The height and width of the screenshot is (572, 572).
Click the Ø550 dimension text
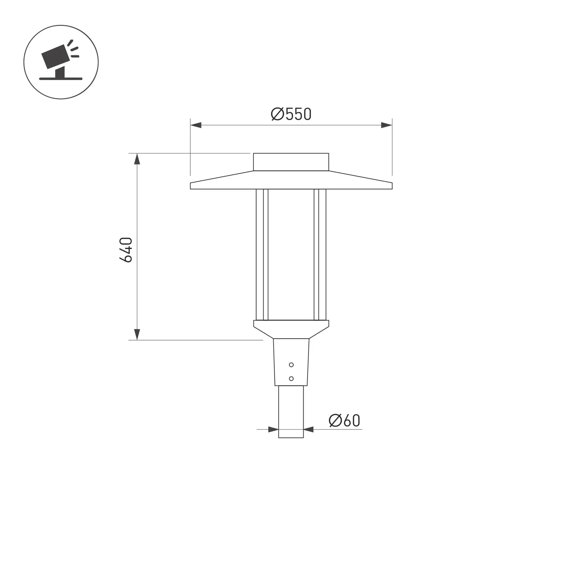coord(291,114)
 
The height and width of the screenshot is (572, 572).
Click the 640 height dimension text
coord(126,250)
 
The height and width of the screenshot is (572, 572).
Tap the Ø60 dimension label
coord(344,421)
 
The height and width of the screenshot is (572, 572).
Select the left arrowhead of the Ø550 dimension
coord(196,125)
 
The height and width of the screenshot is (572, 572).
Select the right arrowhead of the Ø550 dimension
coord(386,125)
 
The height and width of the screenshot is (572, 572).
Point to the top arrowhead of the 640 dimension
coord(137,159)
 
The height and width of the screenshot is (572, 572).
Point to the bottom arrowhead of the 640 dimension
coord(137,334)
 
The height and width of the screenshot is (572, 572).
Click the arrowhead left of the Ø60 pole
coord(273,429)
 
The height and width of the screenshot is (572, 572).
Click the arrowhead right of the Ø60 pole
coord(309,429)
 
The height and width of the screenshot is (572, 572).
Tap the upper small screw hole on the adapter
coord(291,365)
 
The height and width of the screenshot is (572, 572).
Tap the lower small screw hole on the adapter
coord(291,378)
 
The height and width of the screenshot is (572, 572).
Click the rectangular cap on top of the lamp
coord(291,162)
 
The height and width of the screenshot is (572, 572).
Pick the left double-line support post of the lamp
coord(262,254)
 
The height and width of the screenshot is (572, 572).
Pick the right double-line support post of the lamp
coord(320,254)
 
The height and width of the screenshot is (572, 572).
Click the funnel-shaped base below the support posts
coord(291,329)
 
